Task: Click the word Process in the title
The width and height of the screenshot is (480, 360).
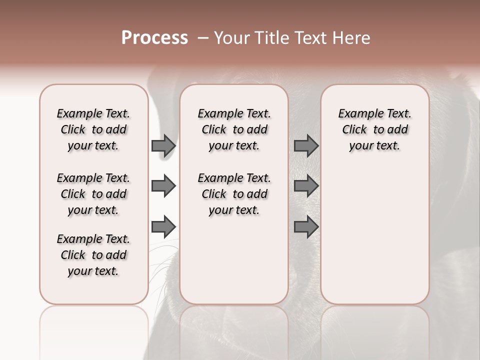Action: click(x=154, y=37)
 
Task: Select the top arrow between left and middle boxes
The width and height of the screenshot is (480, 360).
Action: click(x=163, y=146)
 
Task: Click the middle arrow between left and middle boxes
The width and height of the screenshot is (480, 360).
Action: click(x=163, y=186)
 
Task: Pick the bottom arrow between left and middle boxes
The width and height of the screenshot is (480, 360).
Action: click(x=163, y=227)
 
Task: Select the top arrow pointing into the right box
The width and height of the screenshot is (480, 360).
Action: click(x=306, y=146)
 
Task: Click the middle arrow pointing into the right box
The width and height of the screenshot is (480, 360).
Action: click(x=306, y=186)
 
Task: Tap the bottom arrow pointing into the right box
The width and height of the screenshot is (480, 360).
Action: click(x=306, y=227)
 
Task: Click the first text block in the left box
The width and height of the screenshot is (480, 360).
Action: click(x=93, y=129)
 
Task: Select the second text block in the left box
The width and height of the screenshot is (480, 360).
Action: click(x=93, y=194)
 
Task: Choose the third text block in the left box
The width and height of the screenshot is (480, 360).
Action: click(x=93, y=255)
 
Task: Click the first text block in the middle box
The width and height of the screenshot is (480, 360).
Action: click(x=234, y=129)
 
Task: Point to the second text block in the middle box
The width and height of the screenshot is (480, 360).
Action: click(x=234, y=194)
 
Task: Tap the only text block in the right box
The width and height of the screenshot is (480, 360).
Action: click(x=374, y=129)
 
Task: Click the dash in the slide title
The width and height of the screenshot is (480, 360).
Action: click(x=203, y=38)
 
